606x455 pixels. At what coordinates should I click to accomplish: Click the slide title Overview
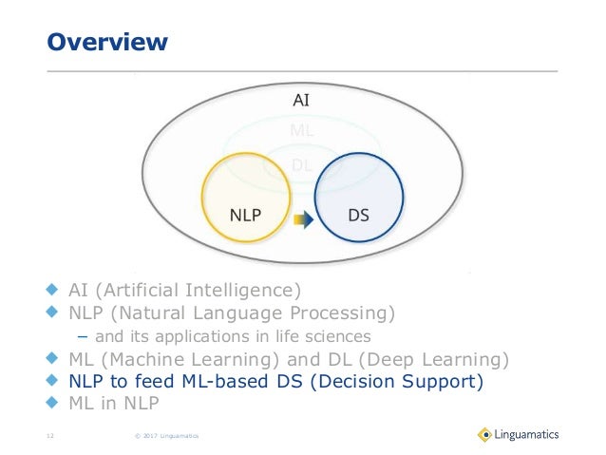(x=107, y=42)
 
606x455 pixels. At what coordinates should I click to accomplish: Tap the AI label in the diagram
(x=301, y=99)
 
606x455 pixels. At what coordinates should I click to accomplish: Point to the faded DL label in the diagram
(x=303, y=163)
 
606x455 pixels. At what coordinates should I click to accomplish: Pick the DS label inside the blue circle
(x=358, y=215)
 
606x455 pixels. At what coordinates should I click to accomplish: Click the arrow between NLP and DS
(x=302, y=219)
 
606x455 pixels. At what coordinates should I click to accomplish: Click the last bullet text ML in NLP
(x=114, y=404)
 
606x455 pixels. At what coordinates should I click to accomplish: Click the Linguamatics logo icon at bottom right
(x=484, y=435)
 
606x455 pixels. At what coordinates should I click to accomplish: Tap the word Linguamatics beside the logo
(x=528, y=435)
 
